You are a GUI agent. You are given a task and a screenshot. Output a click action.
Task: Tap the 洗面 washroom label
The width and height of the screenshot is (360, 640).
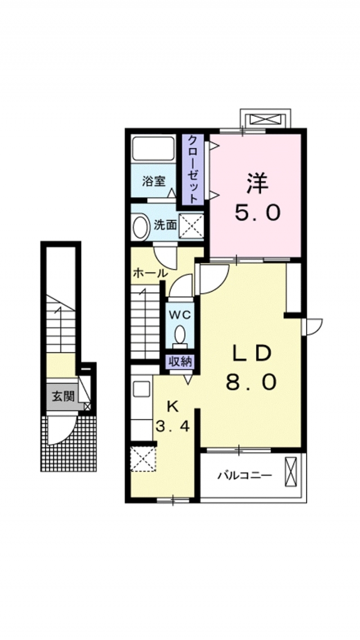[x=166, y=225]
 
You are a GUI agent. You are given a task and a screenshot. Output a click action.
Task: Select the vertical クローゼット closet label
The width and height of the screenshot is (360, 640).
[x=192, y=169]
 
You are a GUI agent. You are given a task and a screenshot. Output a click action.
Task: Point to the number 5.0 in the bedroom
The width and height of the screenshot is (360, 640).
[x=257, y=213]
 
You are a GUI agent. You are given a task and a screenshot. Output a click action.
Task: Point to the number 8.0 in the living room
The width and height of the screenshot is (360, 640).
[x=251, y=382]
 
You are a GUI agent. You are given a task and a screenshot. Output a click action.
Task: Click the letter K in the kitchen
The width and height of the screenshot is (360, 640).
[x=173, y=406]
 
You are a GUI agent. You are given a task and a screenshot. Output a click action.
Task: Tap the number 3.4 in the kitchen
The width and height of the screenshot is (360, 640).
[x=173, y=426]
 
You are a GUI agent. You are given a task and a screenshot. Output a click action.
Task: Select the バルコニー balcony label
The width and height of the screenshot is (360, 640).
[x=245, y=476]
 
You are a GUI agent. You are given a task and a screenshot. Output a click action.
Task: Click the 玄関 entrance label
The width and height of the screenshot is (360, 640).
[x=64, y=396]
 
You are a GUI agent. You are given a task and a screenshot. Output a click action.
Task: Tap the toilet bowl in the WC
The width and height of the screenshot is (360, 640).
[x=180, y=335]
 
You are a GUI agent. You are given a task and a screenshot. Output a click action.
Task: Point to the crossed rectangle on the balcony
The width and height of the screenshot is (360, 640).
[x=291, y=472]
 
